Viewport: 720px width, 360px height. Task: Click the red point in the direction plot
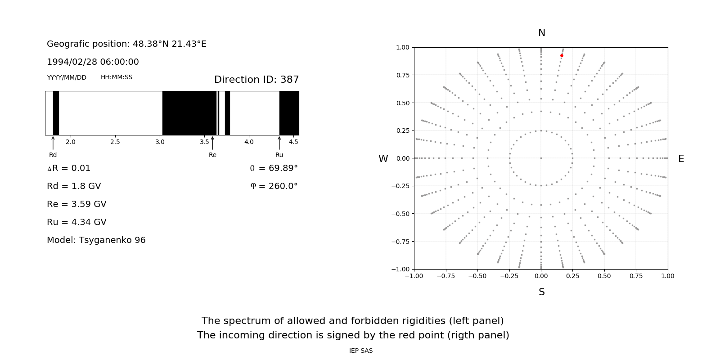click(x=562, y=56)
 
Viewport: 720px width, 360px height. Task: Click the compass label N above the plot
click(x=542, y=33)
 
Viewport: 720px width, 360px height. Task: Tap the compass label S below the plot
click(x=542, y=292)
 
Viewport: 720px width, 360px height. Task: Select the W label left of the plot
click(x=383, y=159)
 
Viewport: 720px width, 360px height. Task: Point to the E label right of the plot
click(x=681, y=159)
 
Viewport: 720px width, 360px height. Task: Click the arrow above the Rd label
click(x=53, y=143)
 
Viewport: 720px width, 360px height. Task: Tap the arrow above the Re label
click(x=212, y=143)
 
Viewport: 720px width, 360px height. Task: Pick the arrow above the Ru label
click(x=279, y=143)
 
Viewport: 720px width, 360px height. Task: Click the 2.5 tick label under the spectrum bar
click(x=115, y=142)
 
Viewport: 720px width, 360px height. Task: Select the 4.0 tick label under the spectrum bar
click(x=249, y=142)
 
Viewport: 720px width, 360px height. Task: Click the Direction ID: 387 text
click(x=256, y=80)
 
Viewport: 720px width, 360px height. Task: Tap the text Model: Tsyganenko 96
click(x=96, y=240)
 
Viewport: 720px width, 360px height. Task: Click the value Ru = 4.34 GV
click(x=76, y=222)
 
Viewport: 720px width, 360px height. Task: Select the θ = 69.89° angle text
click(x=274, y=168)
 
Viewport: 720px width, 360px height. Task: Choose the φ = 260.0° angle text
click(x=274, y=186)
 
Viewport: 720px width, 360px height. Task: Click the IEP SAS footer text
click(x=361, y=351)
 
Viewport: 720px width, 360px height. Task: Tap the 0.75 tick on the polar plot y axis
click(x=402, y=75)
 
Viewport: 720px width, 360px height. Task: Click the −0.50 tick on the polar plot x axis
click(x=477, y=276)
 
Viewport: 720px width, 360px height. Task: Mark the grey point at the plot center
click(x=541, y=158)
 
